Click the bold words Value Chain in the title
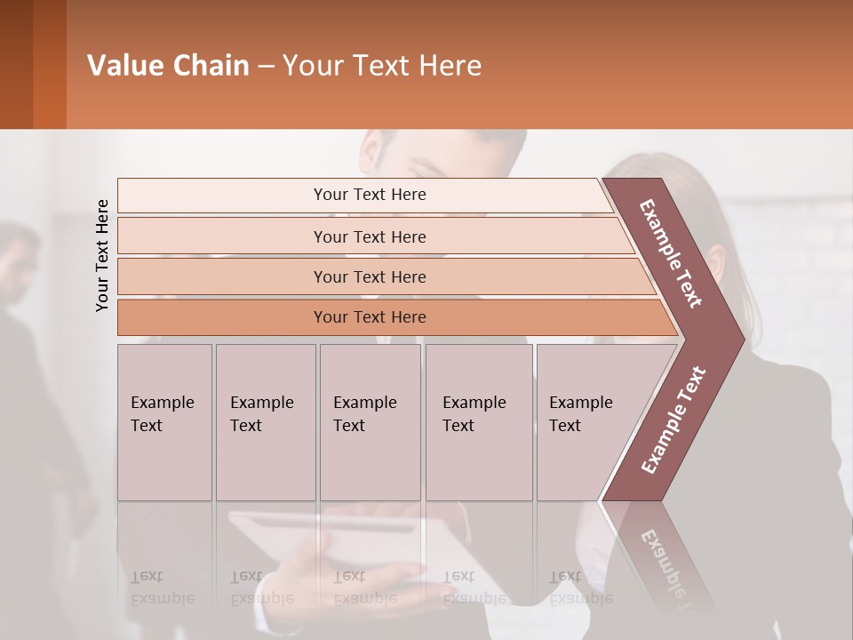168,66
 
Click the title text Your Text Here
382,66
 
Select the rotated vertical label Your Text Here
102,255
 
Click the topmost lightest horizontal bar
369,195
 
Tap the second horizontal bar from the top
369,236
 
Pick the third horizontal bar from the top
369,276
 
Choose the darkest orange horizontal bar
369,317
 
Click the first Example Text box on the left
164,422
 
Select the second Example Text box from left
265,422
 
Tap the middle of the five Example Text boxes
370,422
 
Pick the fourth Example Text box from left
478,422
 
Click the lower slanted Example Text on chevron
674,420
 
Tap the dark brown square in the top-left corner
16,64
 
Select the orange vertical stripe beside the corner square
50,64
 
